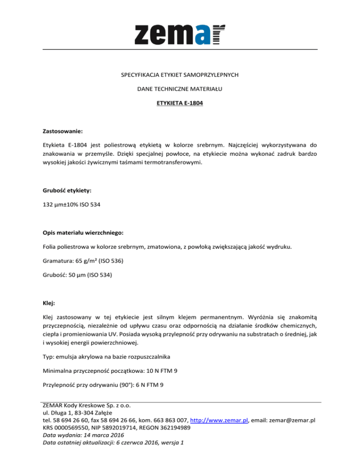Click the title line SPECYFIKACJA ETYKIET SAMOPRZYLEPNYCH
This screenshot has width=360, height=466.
pyautogui.click(x=180, y=75)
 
